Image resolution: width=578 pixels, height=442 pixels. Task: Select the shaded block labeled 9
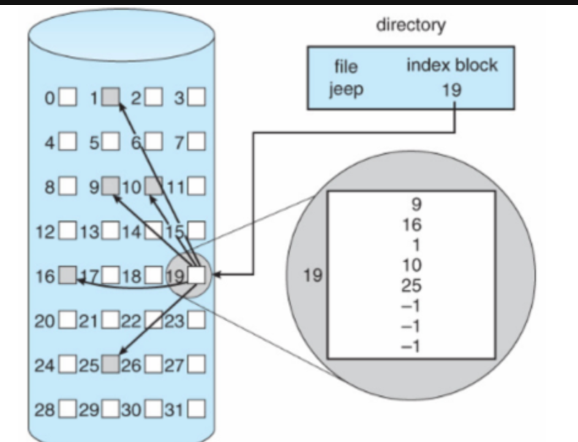111,184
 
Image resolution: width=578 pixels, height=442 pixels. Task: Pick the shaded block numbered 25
111,364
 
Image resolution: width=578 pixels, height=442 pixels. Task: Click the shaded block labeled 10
152,184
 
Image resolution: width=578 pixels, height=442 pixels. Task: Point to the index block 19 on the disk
196,274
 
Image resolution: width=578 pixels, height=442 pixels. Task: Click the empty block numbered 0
68,97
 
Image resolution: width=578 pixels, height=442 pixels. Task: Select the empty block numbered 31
197,408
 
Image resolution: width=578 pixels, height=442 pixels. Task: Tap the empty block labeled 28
68,408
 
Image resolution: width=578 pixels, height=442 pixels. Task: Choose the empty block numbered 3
197,97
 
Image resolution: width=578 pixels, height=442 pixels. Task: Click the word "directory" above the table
411,26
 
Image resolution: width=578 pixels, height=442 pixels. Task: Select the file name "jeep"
346,89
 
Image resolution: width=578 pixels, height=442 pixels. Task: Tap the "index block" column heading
452,66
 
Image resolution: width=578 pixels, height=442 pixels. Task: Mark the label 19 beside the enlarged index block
312,275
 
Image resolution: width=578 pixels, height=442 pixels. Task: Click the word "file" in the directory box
346,66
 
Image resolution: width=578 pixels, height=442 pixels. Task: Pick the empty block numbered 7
197,143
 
